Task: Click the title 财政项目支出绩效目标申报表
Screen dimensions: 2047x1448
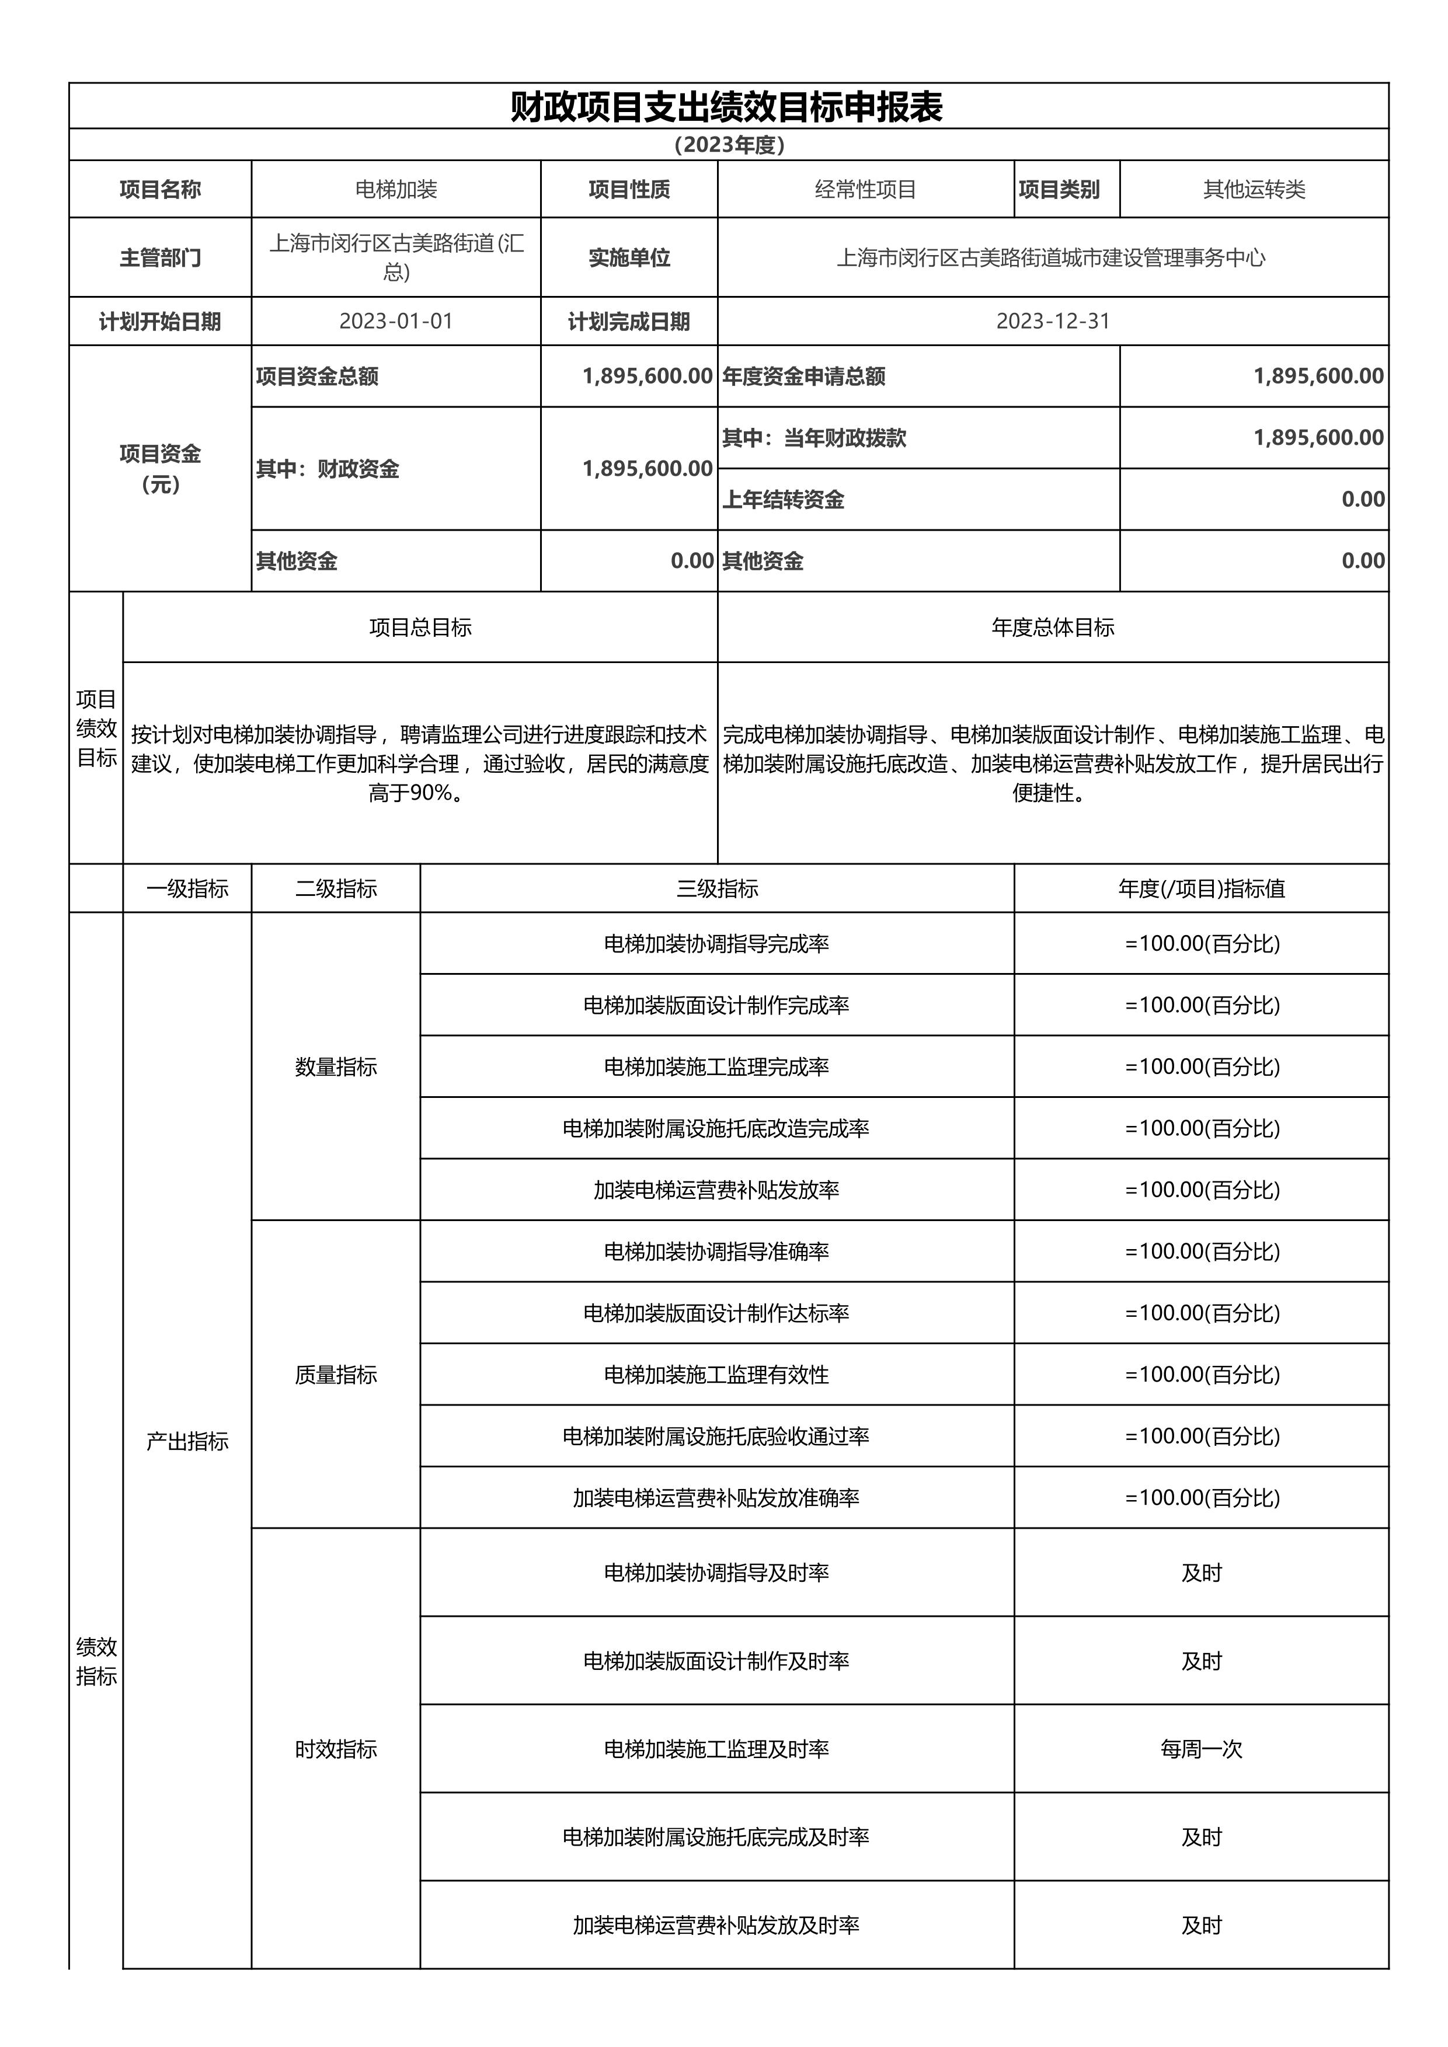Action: click(x=727, y=107)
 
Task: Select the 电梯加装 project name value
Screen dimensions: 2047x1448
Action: click(x=396, y=189)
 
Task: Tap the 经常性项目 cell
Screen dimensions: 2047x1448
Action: click(x=865, y=189)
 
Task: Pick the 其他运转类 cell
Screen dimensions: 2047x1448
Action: click(x=1254, y=189)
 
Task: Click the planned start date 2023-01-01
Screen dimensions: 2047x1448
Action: click(x=396, y=321)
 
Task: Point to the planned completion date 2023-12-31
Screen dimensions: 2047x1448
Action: click(x=1052, y=321)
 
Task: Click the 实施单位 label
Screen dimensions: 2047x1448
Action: click(x=629, y=257)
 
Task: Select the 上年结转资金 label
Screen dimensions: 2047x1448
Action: click(x=783, y=499)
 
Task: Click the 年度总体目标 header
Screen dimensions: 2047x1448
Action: click(x=1052, y=627)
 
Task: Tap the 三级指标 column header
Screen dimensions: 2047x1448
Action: click(x=717, y=888)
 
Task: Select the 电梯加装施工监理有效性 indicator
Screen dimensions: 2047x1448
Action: click(x=717, y=1375)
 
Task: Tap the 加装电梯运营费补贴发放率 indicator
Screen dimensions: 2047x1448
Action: click(x=717, y=1190)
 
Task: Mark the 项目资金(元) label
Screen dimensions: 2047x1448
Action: click(x=161, y=469)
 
